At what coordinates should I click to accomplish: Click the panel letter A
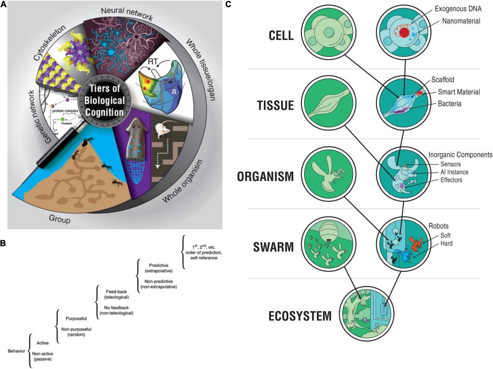[x=4, y=5]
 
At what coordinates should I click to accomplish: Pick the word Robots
[x=441, y=225]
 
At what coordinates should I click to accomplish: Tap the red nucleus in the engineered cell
[x=405, y=33]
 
